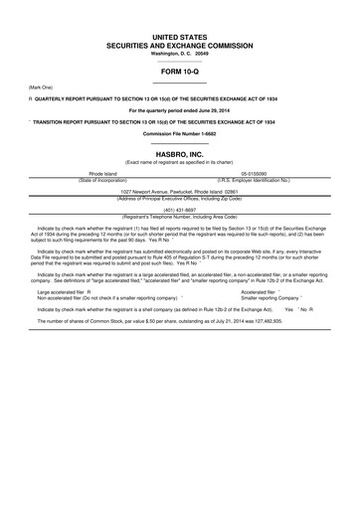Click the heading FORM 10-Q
[180, 72]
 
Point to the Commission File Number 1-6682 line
[180, 132]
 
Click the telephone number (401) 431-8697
[180, 210]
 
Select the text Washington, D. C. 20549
[180, 53]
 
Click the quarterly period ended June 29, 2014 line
[180, 109]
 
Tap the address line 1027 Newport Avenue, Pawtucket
[180, 190]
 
